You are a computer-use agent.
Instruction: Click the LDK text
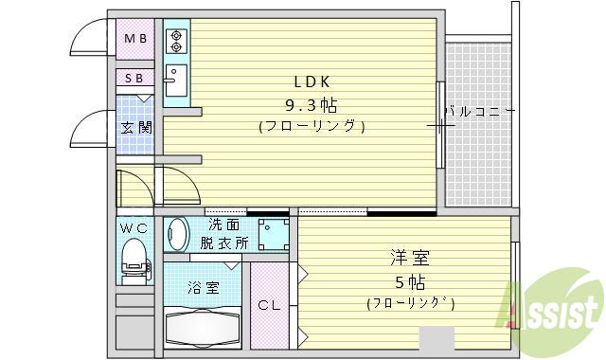click(311, 81)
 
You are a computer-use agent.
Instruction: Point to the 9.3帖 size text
click(311, 103)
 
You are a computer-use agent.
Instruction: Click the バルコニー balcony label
click(479, 112)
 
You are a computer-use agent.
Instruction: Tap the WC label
click(134, 228)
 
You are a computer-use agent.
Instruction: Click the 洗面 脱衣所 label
click(224, 234)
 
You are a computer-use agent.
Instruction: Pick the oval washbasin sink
click(176, 234)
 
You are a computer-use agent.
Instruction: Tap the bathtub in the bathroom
click(203, 328)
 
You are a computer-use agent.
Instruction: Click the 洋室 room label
click(409, 257)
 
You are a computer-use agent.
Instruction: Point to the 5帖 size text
click(409, 281)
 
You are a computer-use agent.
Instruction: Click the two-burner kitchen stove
click(175, 40)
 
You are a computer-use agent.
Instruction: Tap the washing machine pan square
click(274, 233)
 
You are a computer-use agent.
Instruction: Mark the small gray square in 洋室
click(437, 338)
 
